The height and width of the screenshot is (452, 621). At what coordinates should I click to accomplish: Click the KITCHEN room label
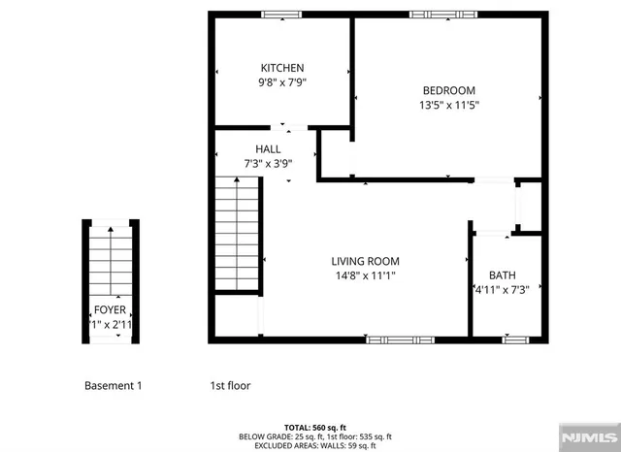[281, 68]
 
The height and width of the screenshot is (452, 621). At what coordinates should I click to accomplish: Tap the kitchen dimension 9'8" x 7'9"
[281, 83]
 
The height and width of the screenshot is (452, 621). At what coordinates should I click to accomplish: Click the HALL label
[268, 149]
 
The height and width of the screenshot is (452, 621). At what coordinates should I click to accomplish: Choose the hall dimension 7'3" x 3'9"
[268, 165]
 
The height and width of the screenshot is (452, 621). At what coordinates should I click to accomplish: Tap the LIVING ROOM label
[365, 261]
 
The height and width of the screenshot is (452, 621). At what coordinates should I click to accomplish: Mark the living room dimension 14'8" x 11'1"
[365, 275]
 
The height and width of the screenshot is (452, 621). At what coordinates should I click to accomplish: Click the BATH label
[502, 274]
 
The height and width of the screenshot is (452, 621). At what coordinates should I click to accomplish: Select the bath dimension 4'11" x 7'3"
[506, 290]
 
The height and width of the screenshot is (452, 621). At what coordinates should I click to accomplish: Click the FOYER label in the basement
[110, 310]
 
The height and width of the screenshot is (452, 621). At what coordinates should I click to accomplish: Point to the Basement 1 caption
[113, 385]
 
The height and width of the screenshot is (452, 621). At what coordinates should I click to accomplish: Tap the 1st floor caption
[230, 385]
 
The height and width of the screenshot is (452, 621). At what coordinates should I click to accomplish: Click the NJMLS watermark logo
[588, 437]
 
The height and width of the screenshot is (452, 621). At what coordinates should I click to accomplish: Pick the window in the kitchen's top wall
[281, 15]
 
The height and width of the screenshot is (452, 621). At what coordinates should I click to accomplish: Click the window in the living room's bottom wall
[400, 339]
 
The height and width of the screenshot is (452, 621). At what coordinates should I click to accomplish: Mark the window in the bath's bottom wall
[515, 339]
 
